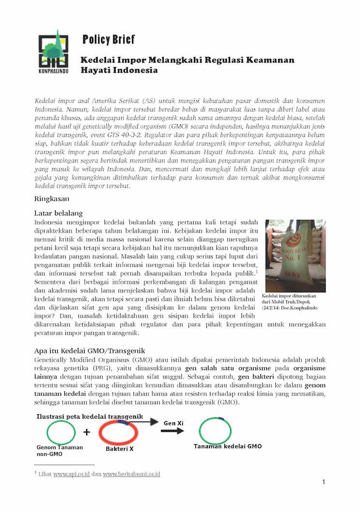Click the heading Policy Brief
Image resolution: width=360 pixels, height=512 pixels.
108,39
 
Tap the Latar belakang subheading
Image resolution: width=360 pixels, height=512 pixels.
59,213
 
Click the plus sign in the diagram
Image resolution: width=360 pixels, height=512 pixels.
87,432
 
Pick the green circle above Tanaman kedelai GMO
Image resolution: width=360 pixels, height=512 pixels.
214,429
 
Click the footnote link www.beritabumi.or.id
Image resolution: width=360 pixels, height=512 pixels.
132,474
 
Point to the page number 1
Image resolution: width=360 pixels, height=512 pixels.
323,482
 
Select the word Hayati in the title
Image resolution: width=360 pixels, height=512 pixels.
97,71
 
